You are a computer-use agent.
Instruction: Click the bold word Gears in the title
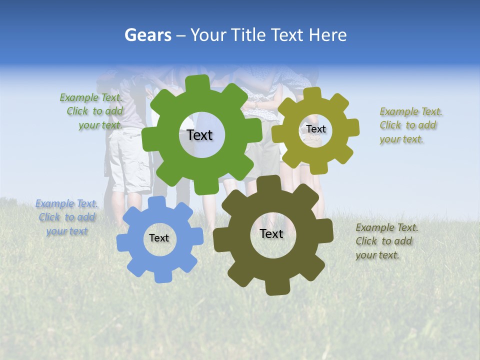click(148, 35)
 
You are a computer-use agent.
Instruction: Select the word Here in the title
click(327, 35)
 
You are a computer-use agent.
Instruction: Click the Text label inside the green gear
click(199, 135)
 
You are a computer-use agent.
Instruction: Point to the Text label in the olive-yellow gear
click(315, 129)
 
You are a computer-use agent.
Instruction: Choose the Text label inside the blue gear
click(159, 238)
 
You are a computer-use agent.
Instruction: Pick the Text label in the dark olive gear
click(271, 233)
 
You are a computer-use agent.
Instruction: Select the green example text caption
click(92, 111)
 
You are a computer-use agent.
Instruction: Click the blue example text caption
click(65, 217)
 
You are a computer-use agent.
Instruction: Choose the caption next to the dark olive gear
click(386, 241)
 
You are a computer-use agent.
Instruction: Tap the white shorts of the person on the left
click(127, 160)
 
